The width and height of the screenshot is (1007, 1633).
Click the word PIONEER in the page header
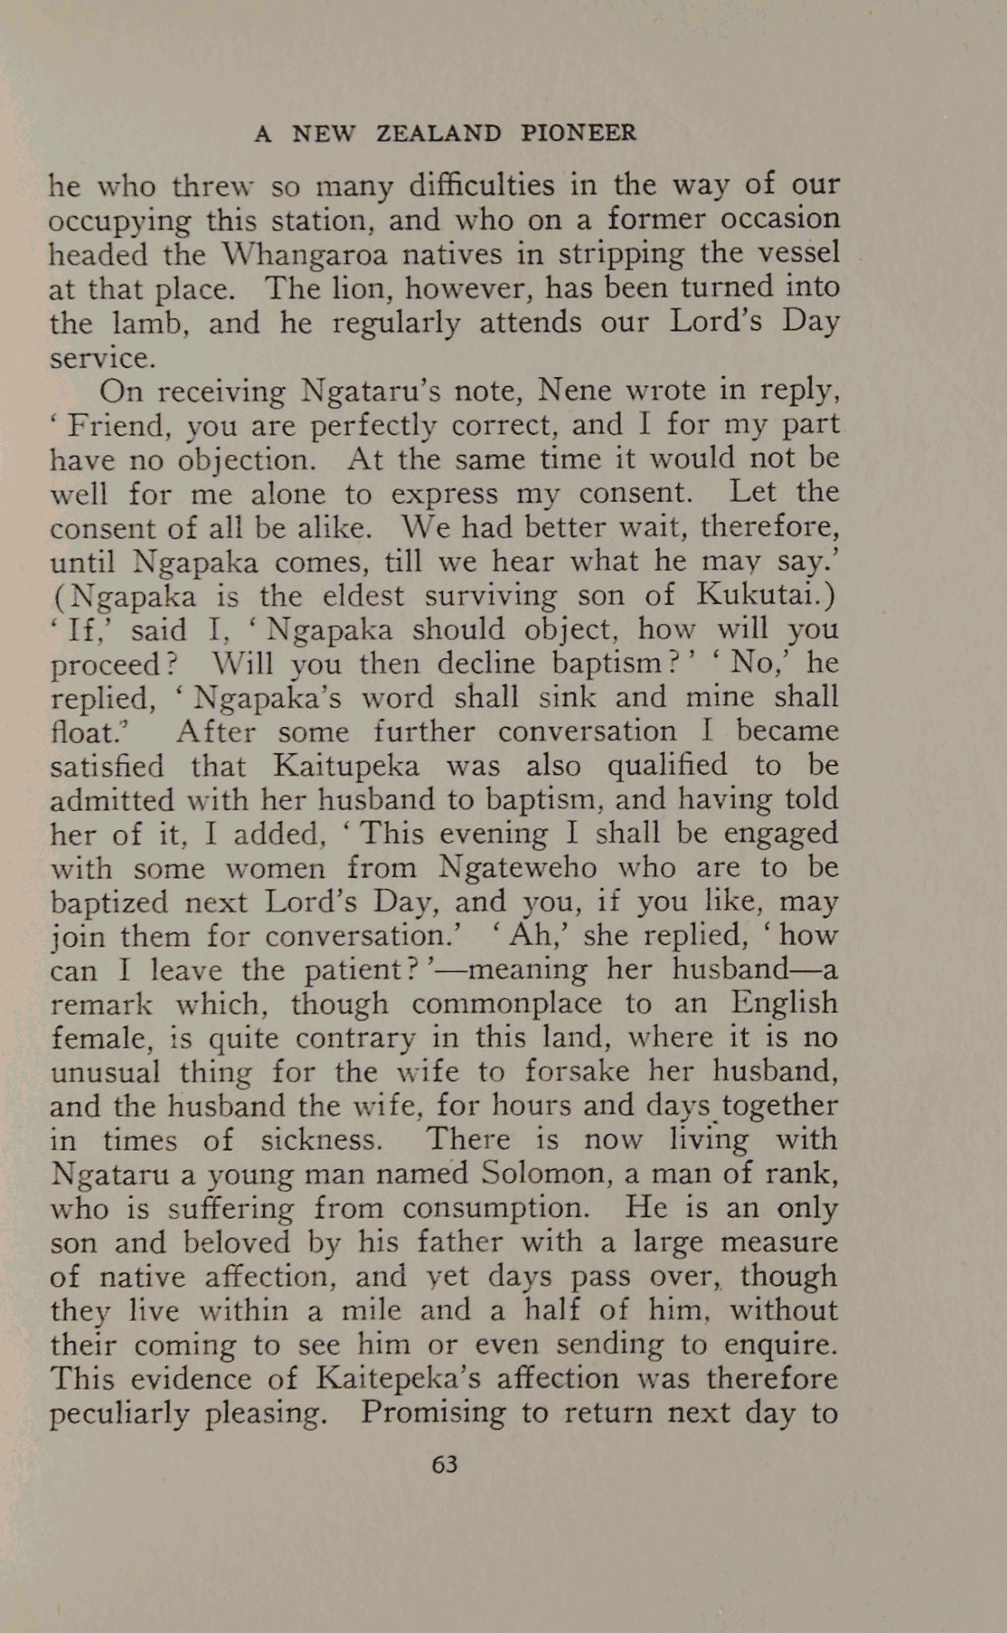(x=579, y=134)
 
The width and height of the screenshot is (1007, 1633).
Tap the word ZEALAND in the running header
(x=438, y=134)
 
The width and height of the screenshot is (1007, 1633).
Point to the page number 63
(x=445, y=1464)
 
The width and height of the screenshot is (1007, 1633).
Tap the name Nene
(x=577, y=391)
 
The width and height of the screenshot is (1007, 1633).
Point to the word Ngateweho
(x=518, y=867)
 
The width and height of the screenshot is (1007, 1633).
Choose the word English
(x=785, y=1004)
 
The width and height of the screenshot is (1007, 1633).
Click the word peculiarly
(x=119, y=1413)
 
